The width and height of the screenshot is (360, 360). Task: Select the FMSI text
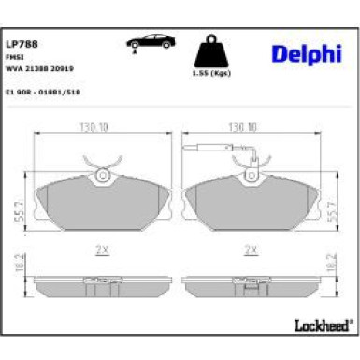16,55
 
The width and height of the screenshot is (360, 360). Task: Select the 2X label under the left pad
101,250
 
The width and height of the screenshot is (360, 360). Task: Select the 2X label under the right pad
250,250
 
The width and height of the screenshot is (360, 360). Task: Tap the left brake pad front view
101,201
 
